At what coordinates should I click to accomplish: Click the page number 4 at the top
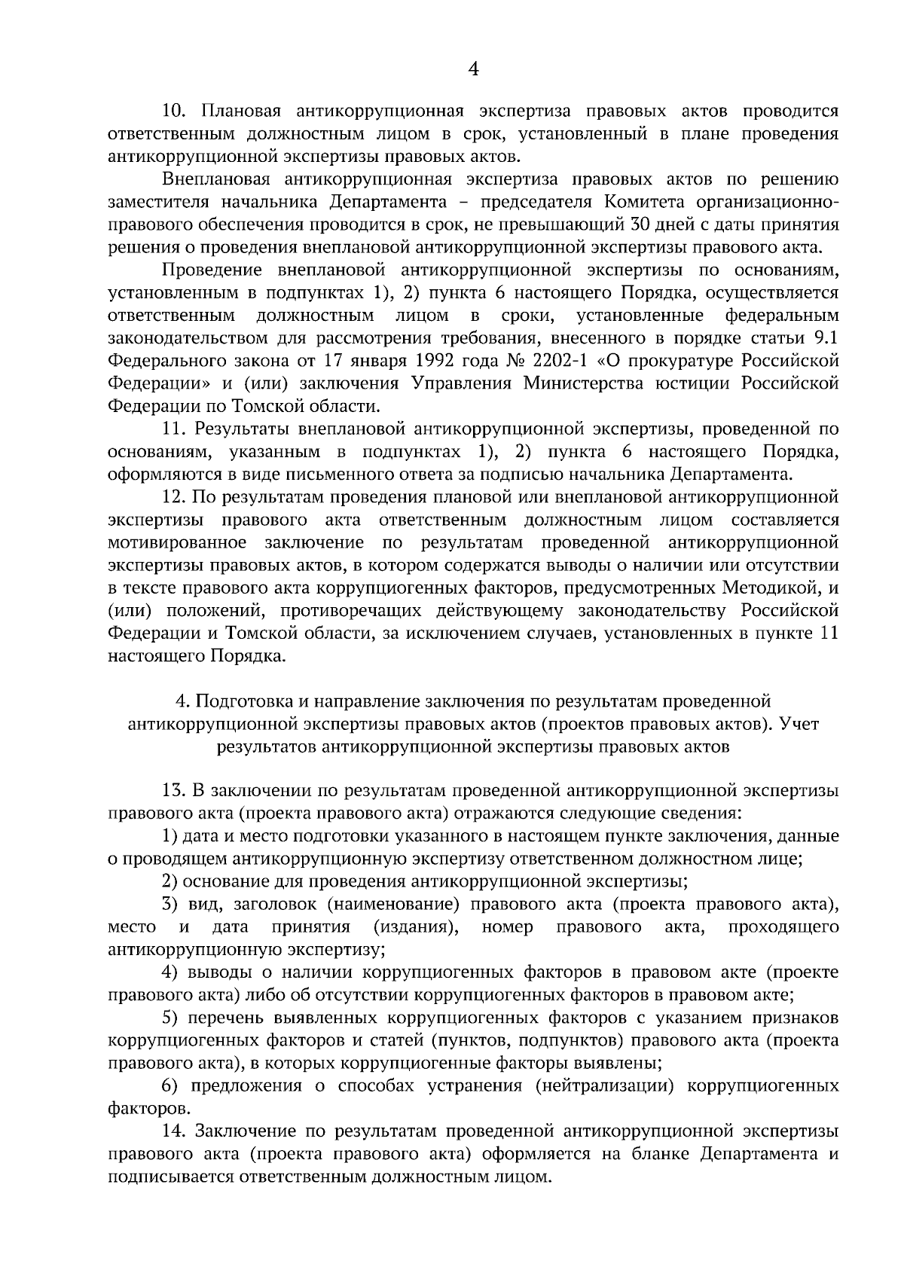473,69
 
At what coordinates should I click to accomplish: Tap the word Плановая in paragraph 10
240,111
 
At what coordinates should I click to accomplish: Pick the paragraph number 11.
173,429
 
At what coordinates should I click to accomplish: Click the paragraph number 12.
173,497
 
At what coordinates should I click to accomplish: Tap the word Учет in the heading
799,724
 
